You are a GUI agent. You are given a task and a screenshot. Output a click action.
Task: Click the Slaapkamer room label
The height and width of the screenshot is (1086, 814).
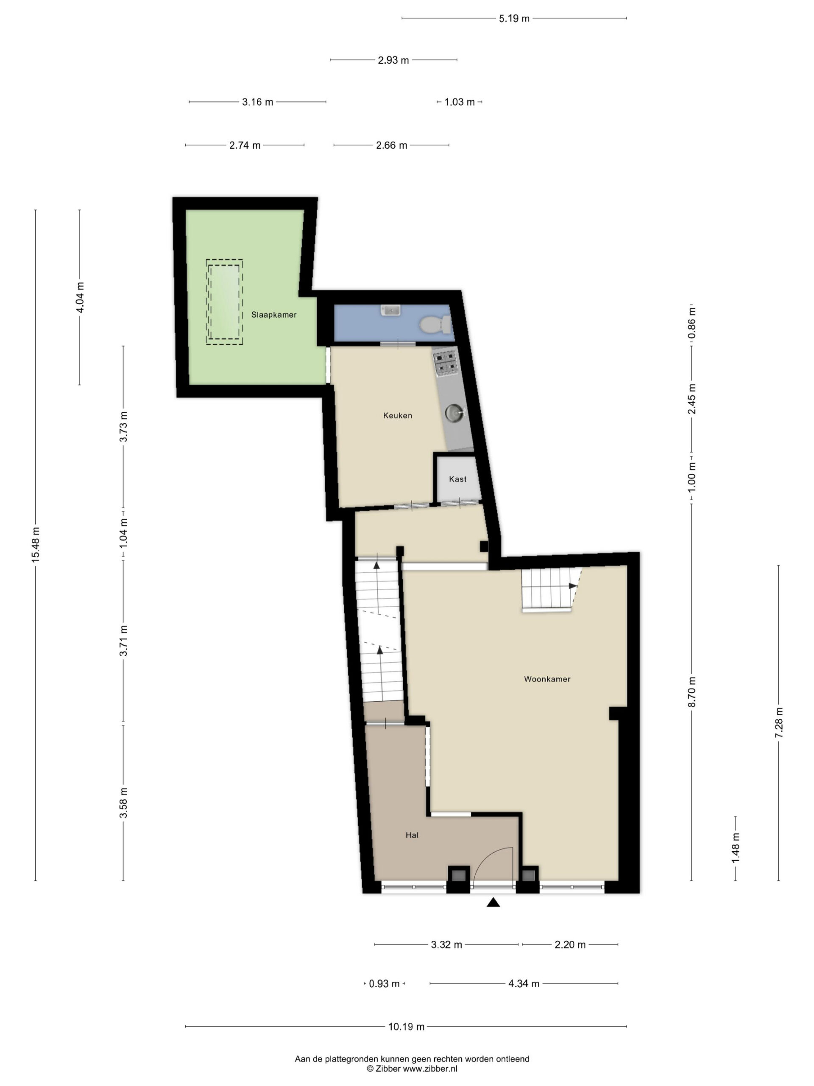tap(274, 315)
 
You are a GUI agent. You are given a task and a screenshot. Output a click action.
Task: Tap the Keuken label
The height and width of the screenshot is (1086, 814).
tap(397, 415)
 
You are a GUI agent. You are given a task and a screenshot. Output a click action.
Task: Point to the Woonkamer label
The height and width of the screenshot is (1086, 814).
tap(547, 679)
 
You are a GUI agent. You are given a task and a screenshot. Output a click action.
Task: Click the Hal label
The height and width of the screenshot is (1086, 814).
tap(412, 834)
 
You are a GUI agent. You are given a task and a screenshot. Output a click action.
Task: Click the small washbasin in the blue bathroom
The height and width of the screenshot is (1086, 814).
tap(391, 310)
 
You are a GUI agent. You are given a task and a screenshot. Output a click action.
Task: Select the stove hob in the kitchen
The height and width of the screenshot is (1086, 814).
tap(446, 362)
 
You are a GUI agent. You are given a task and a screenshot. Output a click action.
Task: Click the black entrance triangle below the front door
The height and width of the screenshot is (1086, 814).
tap(493, 902)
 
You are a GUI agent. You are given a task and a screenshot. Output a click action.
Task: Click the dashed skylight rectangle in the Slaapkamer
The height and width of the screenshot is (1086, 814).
tap(224, 302)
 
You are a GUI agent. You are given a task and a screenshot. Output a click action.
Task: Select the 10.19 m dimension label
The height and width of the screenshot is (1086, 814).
tap(406, 1026)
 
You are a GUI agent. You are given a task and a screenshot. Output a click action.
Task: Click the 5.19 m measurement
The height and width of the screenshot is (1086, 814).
tap(514, 19)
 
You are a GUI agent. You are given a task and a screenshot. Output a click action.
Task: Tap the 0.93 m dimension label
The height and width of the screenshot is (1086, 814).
tap(384, 983)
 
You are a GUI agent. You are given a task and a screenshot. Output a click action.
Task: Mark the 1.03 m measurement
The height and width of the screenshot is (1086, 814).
tap(460, 102)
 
